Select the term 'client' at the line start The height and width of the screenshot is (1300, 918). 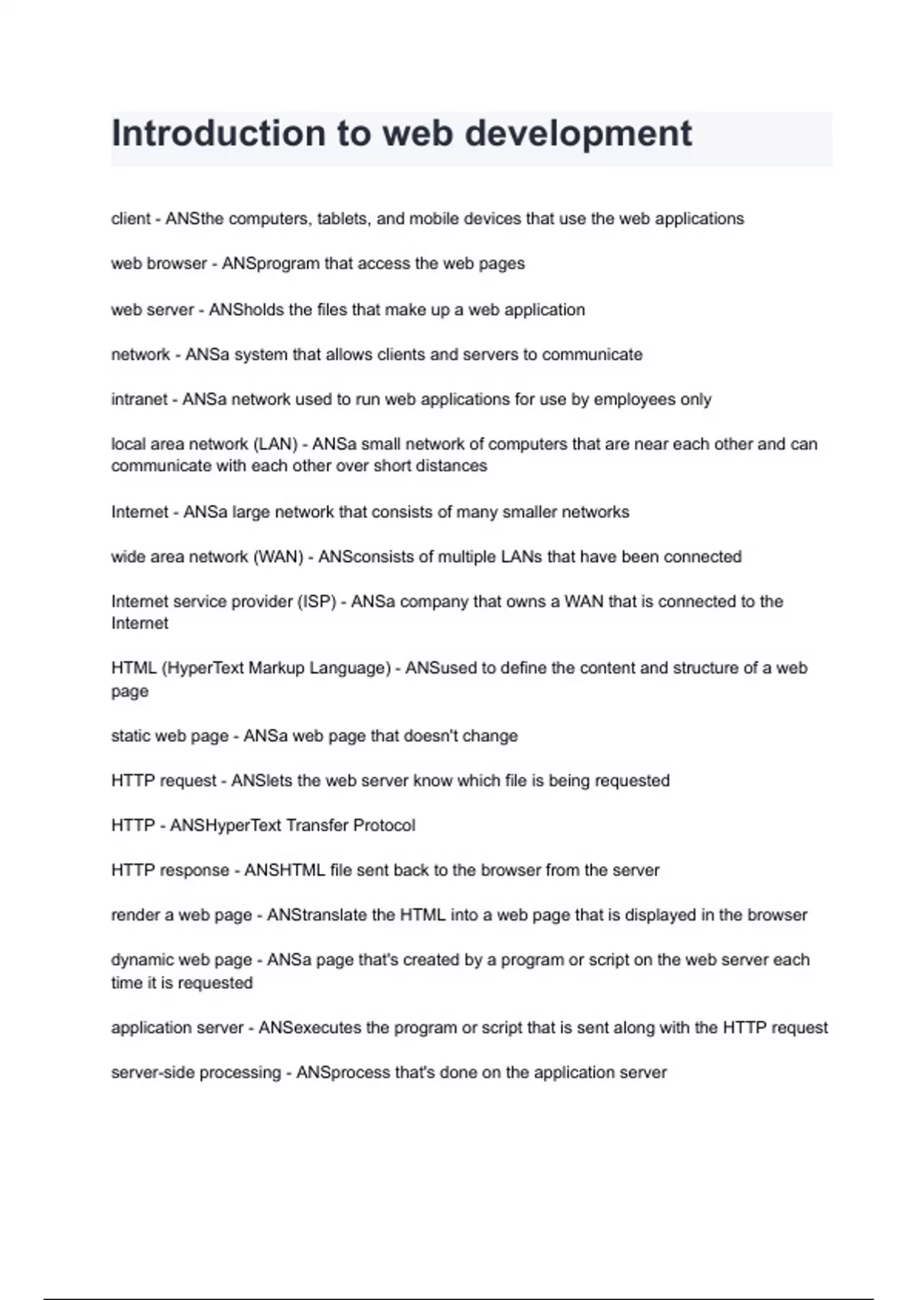pyautogui.click(x=131, y=219)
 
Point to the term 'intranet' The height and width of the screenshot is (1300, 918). pyautogui.click(x=138, y=399)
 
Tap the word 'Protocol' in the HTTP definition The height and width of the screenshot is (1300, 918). pyautogui.click(x=384, y=826)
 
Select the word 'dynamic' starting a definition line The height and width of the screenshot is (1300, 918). pyautogui.click(x=142, y=960)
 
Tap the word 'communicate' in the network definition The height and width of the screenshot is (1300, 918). pyautogui.click(x=592, y=355)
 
